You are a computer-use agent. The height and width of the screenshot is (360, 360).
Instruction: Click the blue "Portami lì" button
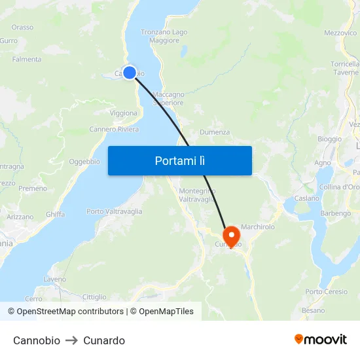[x=179, y=160]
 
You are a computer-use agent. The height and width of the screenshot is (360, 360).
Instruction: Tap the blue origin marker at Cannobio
[x=130, y=73]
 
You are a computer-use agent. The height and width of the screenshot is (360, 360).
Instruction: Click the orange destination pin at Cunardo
[x=231, y=236]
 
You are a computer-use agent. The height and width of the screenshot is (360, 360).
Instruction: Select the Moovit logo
[x=321, y=340]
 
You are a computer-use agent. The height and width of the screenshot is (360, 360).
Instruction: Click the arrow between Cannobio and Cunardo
[x=72, y=340]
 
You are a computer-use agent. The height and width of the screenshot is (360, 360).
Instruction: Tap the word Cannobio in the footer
[x=37, y=340]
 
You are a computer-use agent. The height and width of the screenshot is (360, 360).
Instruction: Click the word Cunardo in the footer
[x=104, y=340]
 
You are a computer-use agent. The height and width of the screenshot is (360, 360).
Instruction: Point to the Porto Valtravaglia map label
[x=114, y=211]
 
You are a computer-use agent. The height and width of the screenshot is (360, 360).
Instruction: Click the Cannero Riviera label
[x=114, y=130]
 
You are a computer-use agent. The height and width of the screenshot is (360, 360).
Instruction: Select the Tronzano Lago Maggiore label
[x=164, y=36]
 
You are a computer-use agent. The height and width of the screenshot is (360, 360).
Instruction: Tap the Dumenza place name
[x=215, y=132]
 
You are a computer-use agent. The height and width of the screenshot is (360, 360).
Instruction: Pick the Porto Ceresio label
[x=326, y=291]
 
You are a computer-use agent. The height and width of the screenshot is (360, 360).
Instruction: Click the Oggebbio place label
[x=84, y=162]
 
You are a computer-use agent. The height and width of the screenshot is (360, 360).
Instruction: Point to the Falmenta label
[x=27, y=60]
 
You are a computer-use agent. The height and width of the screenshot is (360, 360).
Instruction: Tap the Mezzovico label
[x=340, y=33]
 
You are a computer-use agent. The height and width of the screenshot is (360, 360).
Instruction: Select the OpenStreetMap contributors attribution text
[x=70, y=312]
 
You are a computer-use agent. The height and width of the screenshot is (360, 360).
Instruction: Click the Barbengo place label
[x=335, y=213]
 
